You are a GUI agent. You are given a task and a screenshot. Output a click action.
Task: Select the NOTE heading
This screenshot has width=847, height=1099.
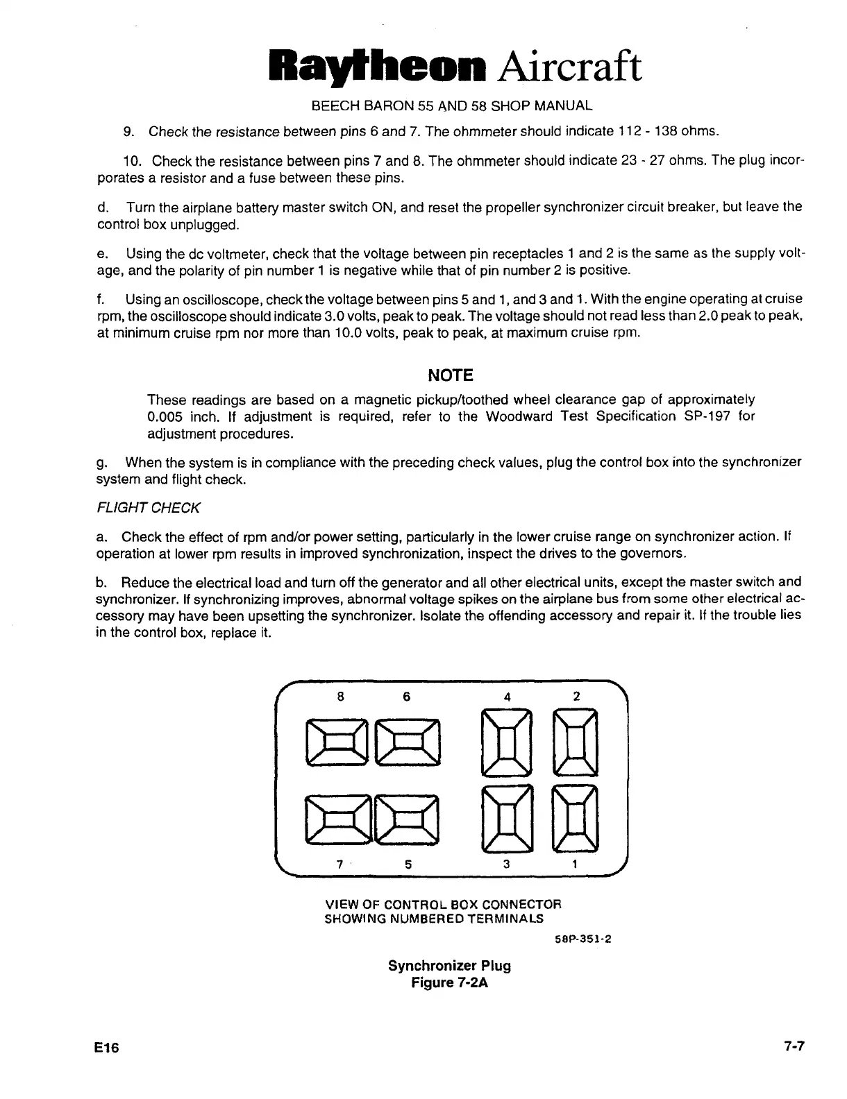pyautogui.click(x=451, y=375)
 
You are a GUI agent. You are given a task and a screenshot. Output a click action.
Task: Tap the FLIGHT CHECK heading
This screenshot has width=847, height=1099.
pyautogui.click(x=148, y=508)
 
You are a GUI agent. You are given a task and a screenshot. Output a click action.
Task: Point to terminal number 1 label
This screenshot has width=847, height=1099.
pyautogui.click(x=575, y=864)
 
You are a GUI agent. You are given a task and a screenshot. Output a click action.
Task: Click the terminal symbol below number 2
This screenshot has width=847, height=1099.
pyautogui.click(x=576, y=741)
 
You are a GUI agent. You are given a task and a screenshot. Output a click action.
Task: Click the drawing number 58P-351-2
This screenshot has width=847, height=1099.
pyautogui.click(x=582, y=941)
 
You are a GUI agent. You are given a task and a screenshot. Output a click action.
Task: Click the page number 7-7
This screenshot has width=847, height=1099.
pyautogui.click(x=790, y=1047)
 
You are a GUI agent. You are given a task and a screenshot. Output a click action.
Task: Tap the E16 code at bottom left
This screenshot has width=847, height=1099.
pyautogui.click(x=108, y=1048)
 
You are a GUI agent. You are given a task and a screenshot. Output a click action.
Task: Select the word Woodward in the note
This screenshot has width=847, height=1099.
pyautogui.click(x=519, y=416)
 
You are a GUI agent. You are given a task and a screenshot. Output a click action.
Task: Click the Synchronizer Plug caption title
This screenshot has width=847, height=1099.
pyautogui.click(x=449, y=965)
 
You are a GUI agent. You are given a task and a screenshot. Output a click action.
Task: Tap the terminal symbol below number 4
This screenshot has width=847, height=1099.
pyautogui.click(x=507, y=741)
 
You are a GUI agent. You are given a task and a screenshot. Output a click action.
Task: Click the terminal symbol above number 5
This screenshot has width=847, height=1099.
pyautogui.click(x=408, y=819)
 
